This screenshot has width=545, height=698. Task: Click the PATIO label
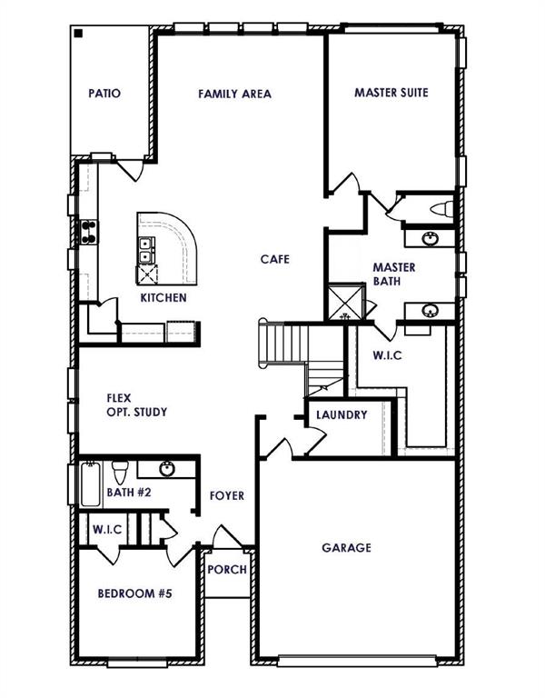pyautogui.click(x=104, y=93)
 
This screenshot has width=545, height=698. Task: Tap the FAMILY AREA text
pyautogui.click(x=234, y=94)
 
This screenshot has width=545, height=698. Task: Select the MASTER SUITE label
pyautogui.click(x=391, y=93)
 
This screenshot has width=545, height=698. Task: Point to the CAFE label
pyautogui.click(x=274, y=259)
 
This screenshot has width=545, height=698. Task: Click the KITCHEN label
pyautogui.click(x=163, y=298)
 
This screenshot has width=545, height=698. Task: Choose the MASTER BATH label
pyautogui.click(x=394, y=274)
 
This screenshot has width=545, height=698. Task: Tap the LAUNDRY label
pyautogui.click(x=342, y=415)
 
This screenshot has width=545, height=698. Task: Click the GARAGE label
pyautogui.click(x=346, y=548)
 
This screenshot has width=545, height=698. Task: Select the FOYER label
pyautogui.click(x=227, y=495)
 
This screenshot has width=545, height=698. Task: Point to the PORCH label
pyautogui.click(x=226, y=570)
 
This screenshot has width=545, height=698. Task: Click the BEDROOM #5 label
pyautogui.click(x=134, y=593)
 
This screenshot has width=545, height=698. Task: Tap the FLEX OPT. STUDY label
pyautogui.click(x=136, y=404)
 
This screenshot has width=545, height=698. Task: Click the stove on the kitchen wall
pyautogui.click(x=90, y=233)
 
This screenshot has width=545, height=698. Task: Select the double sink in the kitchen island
pyautogui.click(x=144, y=250)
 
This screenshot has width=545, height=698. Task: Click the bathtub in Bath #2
pyautogui.click(x=93, y=484)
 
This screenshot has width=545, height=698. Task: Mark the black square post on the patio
pyautogui.click(x=79, y=34)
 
